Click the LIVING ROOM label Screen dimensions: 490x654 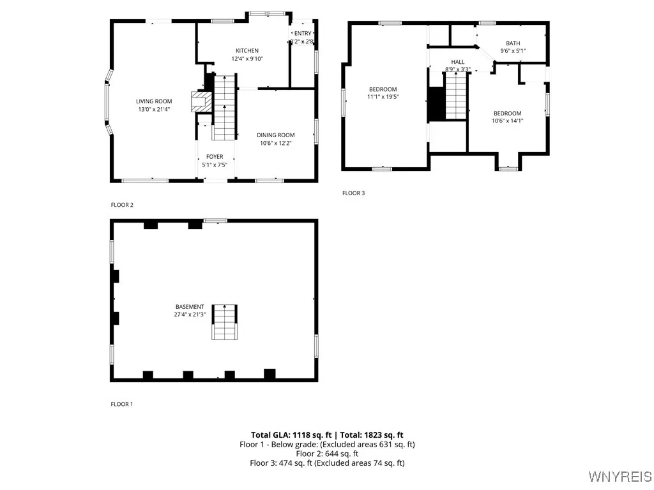point(154,101)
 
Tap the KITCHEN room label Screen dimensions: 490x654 point(247,50)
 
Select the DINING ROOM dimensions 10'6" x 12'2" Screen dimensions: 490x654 point(276,144)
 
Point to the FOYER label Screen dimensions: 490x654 point(215,157)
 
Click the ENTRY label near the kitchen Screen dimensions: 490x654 point(303,33)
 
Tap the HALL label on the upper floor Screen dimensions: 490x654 point(458,62)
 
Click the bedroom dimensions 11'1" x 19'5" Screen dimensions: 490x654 point(383,98)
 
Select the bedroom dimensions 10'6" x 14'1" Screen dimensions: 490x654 point(507,121)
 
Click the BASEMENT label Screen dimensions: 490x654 point(190,307)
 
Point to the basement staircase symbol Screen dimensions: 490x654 point(224,322)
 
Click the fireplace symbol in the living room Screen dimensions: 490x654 point(201,102)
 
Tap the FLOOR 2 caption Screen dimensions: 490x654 point(122,205)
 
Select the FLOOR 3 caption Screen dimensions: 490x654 point(353,193)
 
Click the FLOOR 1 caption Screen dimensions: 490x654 point(122,404)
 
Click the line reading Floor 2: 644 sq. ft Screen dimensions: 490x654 point(327,454)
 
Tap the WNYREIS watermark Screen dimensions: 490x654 point(620,477)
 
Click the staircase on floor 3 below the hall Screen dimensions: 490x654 point(456,96)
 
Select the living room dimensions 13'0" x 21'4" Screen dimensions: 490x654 point(154,109)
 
